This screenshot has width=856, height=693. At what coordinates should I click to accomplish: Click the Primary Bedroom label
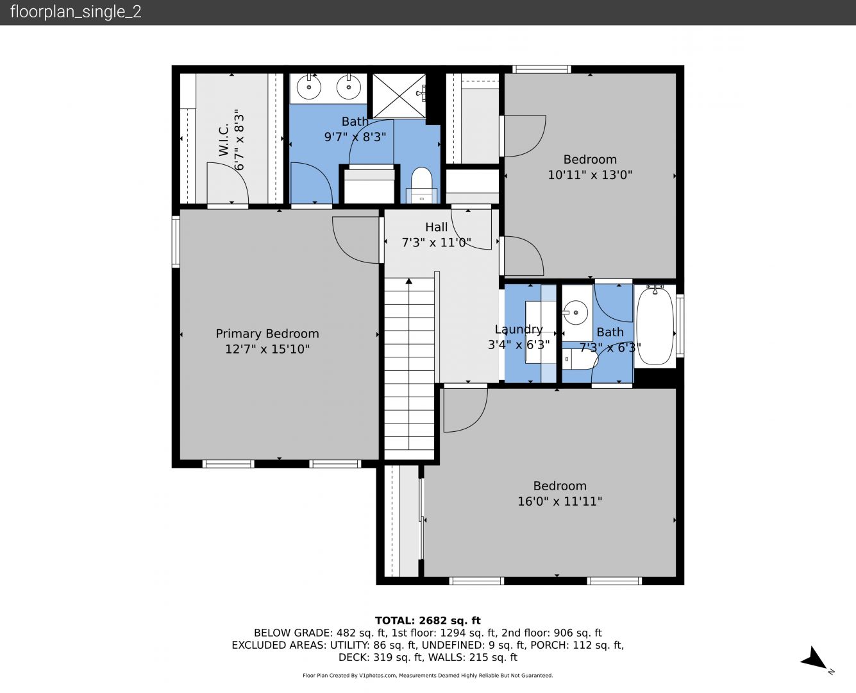[x=267, y=334]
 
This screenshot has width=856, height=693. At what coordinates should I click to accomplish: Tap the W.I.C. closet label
[x=223, y=140]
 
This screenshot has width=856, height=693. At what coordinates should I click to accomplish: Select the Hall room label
[x=437, y=227]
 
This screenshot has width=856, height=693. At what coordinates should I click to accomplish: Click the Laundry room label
[x=519, y=329]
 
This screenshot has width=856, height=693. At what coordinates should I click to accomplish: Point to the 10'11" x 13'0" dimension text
[x=590, y=175]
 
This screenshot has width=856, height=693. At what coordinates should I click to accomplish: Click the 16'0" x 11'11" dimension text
[x=560, y=501]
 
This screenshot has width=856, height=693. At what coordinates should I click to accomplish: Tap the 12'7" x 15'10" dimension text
[x=267, y=348]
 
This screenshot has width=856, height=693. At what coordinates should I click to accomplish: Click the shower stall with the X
[x=399, y=96]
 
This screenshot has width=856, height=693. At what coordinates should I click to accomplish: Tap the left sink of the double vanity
[x=309, y=87]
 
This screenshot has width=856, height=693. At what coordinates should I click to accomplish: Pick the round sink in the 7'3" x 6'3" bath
[x=576, y=312]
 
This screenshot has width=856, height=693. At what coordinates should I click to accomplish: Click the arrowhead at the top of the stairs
[x=408, y=281]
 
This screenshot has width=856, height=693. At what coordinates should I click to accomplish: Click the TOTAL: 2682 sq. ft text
[x=428, y=620]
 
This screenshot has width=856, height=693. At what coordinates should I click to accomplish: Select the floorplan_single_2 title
[x=76, y=12]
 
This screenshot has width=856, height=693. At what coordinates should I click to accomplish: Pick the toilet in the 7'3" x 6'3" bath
[x=580, y=359]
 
